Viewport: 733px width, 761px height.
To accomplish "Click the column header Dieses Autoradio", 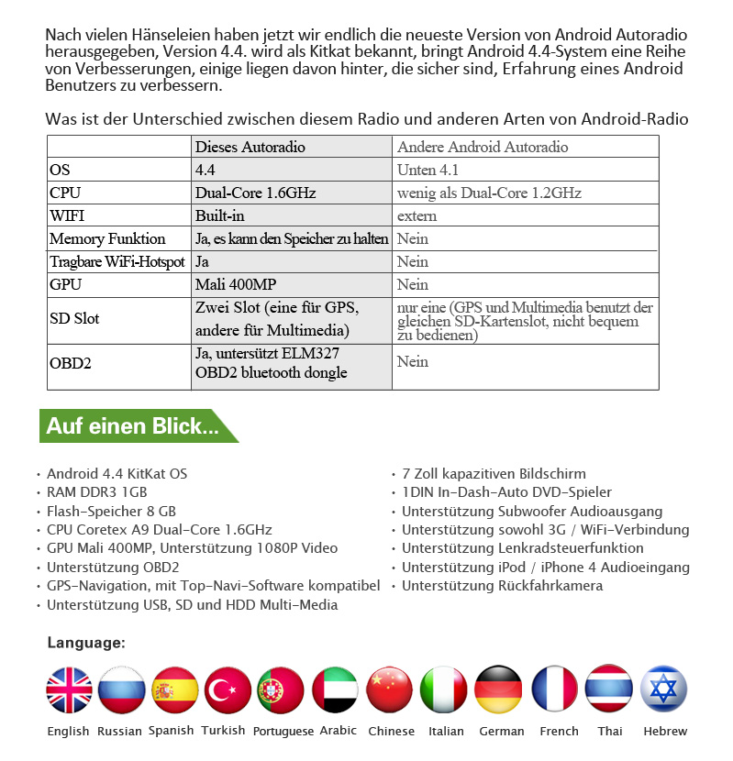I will [250, 147].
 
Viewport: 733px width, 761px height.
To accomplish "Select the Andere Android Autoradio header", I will [483, 147].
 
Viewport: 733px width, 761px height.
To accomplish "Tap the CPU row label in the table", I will [65, 193].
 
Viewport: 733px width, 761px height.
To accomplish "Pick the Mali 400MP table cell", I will [236, 284].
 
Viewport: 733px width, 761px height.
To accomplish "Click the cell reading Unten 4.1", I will [428, 170].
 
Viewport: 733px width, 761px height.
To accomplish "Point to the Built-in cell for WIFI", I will [220, 215].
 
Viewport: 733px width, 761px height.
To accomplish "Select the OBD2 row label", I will [71, 362].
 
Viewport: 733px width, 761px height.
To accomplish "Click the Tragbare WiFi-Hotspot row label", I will [117, 261].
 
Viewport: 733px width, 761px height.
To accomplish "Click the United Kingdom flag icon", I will [70, 689].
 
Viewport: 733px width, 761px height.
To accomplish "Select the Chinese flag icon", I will [390, 689].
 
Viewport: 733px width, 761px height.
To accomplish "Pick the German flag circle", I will [499, 689].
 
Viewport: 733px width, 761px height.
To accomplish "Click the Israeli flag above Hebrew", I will [663, 689].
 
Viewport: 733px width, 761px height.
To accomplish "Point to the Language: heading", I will [86, 643].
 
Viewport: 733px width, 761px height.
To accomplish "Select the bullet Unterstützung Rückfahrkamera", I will [502, 586].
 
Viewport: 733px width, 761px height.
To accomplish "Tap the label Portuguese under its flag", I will [283, 731].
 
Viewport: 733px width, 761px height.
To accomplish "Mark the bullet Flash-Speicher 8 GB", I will [111, 511].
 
